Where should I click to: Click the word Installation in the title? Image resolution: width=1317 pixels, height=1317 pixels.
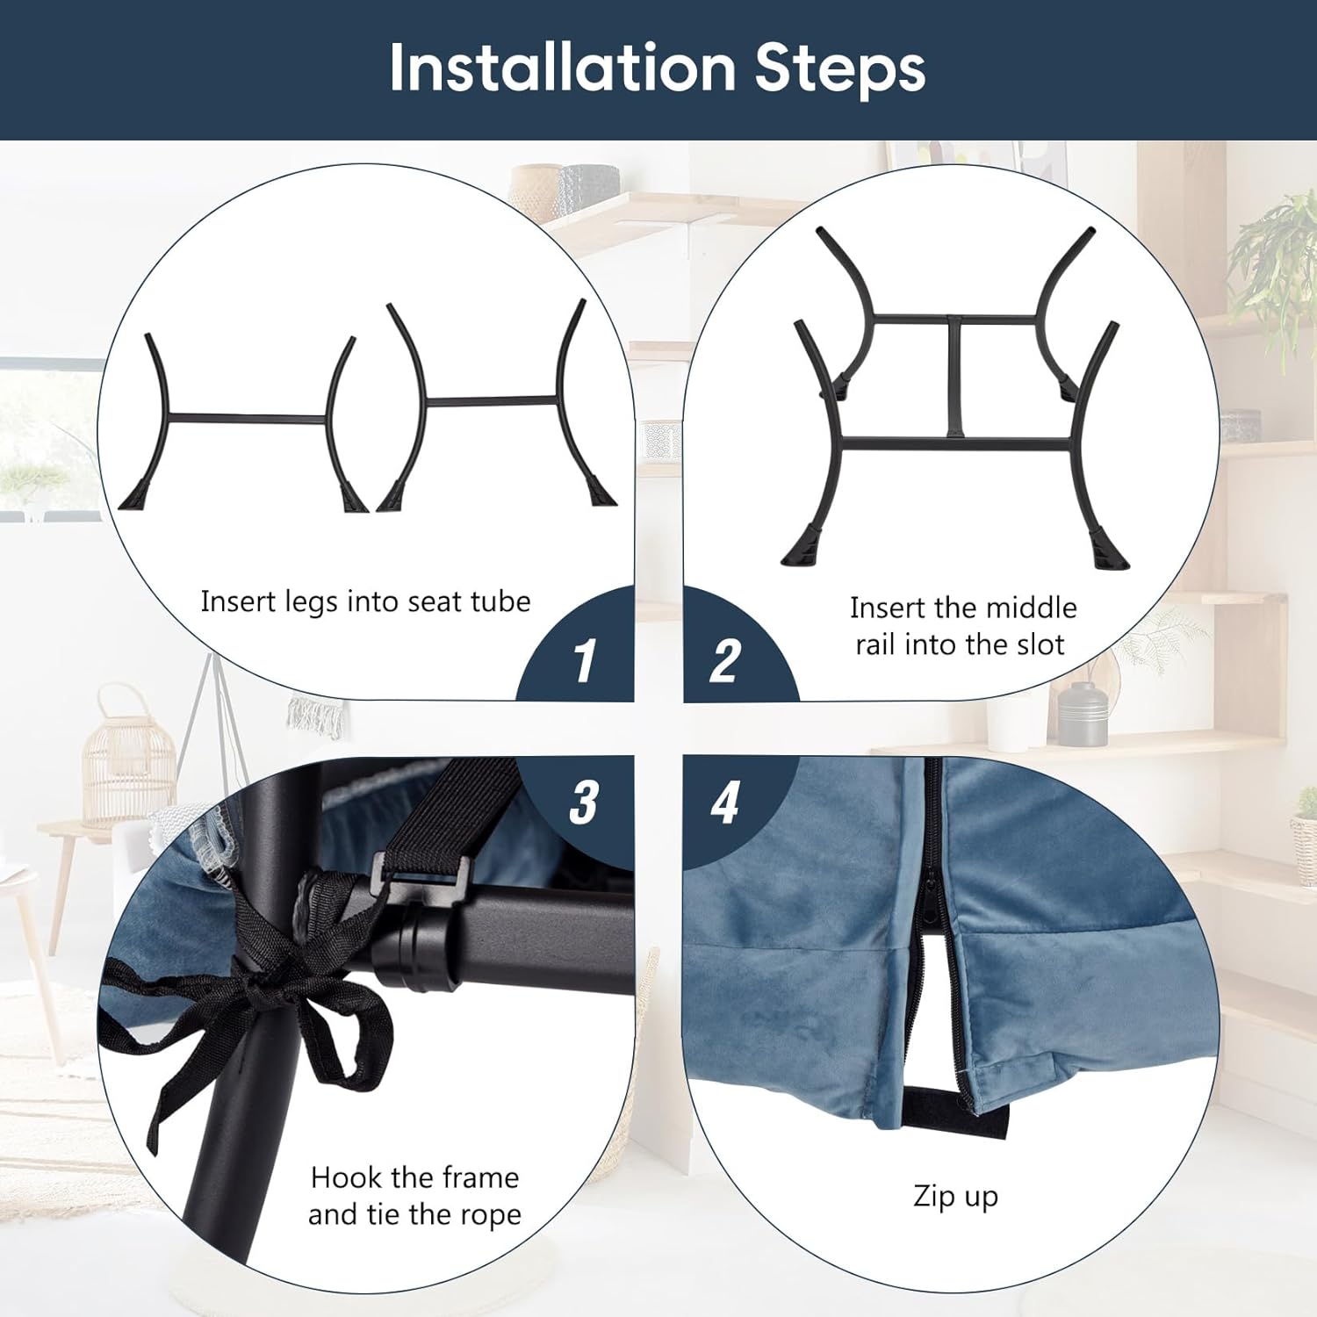click(x=562, y=68)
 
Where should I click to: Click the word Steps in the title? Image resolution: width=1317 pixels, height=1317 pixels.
click(x=840, y=68)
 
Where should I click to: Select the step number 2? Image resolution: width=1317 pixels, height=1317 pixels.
click(x=725, y=660)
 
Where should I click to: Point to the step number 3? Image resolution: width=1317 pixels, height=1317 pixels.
click(x=584, y=802)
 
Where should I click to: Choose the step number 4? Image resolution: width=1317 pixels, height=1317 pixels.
click(x=725, y=802)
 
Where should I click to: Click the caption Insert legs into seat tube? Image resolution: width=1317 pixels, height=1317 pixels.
click(x=365, y=601)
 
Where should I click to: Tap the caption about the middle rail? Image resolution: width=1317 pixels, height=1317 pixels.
click(x=962, y=626)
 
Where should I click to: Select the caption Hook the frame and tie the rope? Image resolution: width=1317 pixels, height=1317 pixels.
click(x=414, y=1195)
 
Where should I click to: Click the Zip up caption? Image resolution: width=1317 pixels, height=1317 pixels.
click(x=955, y=1198)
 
